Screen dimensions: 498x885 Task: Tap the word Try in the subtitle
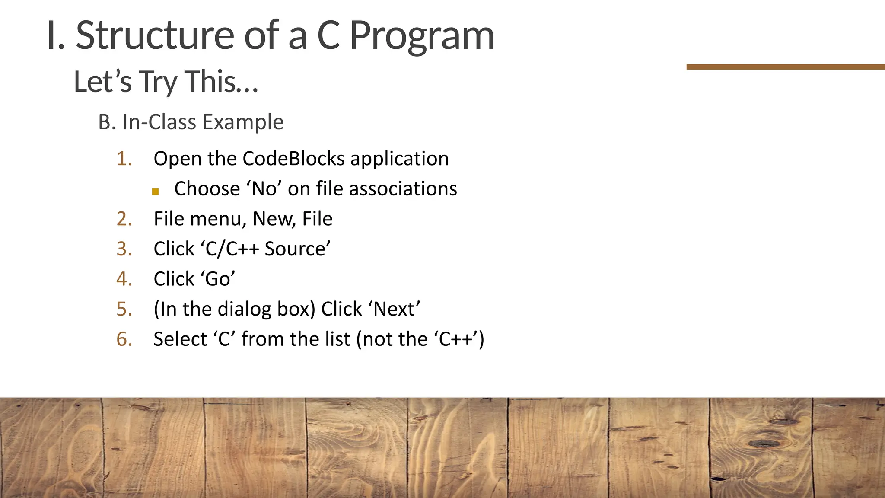point(158,82)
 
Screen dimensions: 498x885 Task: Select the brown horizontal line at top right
point(785,67)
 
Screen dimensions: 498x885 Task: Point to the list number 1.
point(124,159)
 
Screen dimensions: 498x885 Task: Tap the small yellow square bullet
point(156,192)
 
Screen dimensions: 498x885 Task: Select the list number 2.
point(124,219)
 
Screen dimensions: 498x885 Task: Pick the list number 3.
point(124,249)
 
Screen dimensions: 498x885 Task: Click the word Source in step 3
point(297,249)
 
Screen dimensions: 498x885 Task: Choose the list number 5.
point(124,310)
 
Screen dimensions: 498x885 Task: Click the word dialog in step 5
point(244,310)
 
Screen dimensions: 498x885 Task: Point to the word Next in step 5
point(394,310)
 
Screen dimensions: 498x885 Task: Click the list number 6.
point(124,339)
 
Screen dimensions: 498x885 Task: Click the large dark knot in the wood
point(763,443)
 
